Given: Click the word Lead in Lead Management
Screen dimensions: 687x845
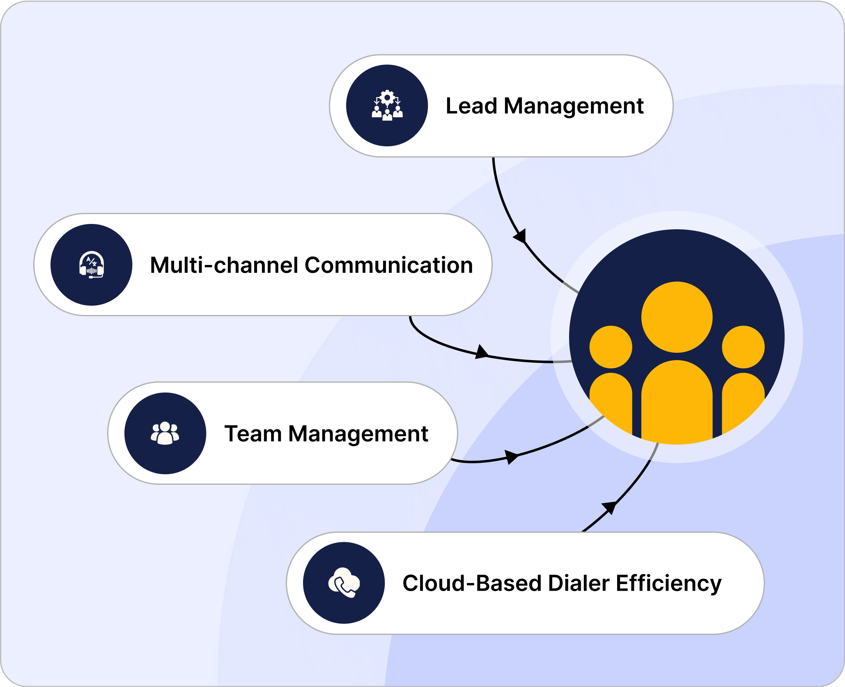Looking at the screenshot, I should pos(471,106).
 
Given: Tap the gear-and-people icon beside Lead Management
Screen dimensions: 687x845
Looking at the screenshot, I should pos(387,105).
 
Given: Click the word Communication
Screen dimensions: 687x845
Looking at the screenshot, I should pos(389,265).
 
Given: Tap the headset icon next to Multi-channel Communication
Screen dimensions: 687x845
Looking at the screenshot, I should pos(92,265).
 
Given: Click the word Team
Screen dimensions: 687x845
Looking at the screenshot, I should pos(253,434).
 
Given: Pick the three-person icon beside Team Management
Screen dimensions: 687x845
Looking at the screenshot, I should pos(165,433).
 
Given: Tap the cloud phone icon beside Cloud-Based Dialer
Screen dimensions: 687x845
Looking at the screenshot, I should pos(344,583).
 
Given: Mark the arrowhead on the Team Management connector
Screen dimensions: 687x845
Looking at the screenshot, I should pos(511,456).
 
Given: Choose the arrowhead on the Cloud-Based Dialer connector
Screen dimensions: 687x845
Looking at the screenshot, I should pos(609,507).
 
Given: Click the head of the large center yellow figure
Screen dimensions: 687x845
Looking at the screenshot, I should pos(677,317).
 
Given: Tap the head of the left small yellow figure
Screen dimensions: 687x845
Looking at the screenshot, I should pos(611,347).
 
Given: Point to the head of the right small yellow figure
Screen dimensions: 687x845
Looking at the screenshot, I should pos(743,347).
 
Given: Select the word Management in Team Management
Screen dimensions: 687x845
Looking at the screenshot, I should pos(358,434).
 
